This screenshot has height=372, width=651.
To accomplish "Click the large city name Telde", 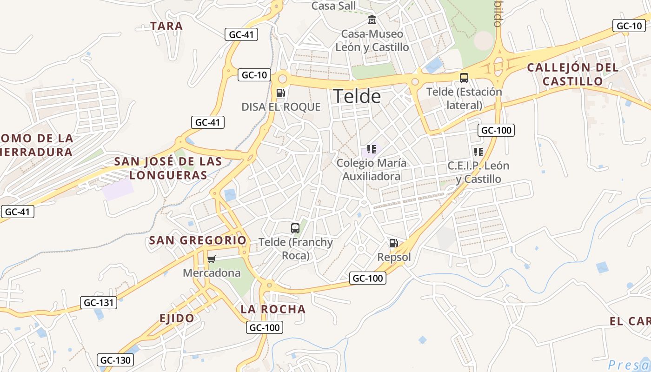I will click(357, 96).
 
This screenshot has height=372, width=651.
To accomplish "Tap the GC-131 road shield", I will click(98, 303).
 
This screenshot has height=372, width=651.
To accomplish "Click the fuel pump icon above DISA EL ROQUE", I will click(280, 93).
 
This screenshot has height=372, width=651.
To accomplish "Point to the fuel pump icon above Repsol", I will click(393, 243).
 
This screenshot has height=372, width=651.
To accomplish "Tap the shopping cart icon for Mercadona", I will click(212, 259).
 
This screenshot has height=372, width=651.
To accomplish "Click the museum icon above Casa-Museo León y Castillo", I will click(372, 20).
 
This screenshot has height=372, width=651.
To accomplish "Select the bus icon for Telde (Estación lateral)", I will click(464, 78).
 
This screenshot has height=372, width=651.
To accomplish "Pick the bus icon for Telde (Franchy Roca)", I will click(295, 228).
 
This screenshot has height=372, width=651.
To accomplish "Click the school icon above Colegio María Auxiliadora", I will click(371, 149).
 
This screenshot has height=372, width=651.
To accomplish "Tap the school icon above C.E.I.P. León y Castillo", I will click(478, 152).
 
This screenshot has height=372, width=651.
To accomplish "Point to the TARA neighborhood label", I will click(166, 26).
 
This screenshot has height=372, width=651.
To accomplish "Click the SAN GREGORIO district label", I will click(198, 240).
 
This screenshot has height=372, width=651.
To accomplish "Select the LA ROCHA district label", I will click(273, 309).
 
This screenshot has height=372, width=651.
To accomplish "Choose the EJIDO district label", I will click(177, 319).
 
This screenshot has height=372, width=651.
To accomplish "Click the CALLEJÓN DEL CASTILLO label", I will click(573, 74).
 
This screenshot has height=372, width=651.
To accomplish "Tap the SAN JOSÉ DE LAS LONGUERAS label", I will click(168, 168).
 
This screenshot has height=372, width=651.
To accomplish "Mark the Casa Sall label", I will click(333, 6).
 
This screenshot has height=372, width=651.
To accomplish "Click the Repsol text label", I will click(394, 257).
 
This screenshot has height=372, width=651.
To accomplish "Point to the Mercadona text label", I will click(212, 273).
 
